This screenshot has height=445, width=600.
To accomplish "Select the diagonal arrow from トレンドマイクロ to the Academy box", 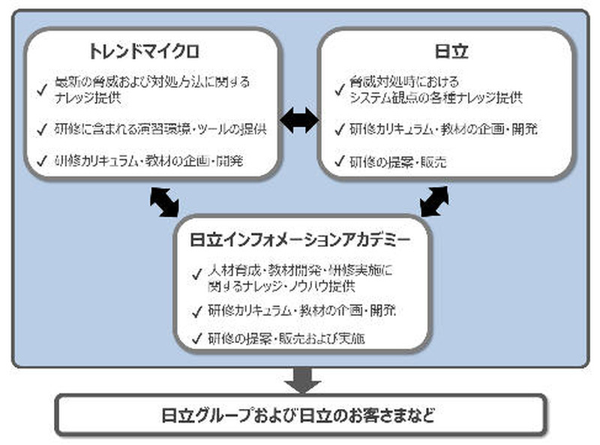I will coord(164,200).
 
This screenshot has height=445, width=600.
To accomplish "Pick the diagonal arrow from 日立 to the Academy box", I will coord(434,200).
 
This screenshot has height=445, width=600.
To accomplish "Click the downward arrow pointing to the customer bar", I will coord(301,379).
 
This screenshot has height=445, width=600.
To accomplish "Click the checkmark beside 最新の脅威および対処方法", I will coord(42,89).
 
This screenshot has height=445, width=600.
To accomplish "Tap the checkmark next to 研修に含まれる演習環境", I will coord(42,128).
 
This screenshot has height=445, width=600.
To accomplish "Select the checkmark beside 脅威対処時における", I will coord(340,89).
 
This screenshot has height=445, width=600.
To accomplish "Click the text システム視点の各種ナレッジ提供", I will coord(436,98).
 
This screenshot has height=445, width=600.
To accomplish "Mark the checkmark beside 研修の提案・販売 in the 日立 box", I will coord(340,161).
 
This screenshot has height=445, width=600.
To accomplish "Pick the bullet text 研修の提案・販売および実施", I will coord(286,338).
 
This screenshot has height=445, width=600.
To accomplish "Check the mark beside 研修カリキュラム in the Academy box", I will coord(196,311).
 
